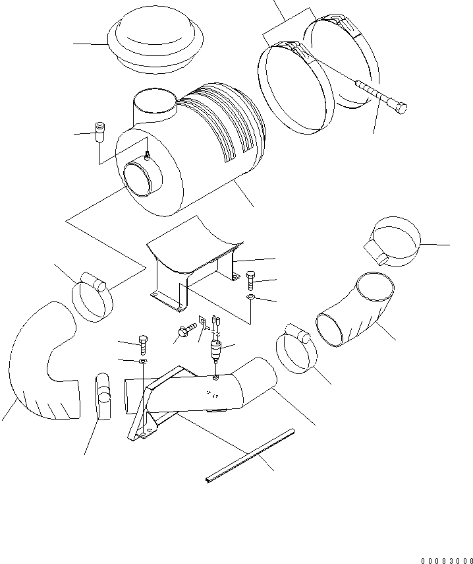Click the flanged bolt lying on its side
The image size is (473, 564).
point(186,328)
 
